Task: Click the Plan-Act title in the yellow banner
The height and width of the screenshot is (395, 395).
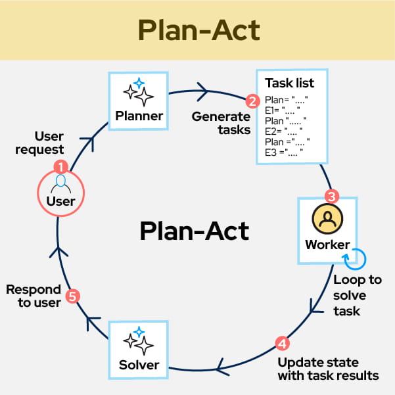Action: tap(197, 30)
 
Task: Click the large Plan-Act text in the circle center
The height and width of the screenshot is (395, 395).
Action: tap(195, 231)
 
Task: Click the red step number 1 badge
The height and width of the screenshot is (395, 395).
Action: tap(60, 166)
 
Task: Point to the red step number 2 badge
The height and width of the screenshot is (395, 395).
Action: tap(251, 101)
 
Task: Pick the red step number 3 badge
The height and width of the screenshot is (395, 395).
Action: tap(332, 197)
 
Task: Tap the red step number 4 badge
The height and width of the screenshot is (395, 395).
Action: tap(281, 343)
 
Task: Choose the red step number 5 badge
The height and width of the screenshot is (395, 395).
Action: tap(74, 296)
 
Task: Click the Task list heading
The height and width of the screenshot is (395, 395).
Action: tap(289, 83)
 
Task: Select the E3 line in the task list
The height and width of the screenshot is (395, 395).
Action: tap(283, 152)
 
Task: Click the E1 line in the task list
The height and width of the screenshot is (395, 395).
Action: tap(282, 110)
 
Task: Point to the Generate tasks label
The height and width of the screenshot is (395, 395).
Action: tap(221, 123)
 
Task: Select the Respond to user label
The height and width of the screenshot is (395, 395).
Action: tap(34, 296)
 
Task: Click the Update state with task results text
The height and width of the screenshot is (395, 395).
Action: tap(328, 369)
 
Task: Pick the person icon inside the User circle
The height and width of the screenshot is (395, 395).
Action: tap(60, 181)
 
